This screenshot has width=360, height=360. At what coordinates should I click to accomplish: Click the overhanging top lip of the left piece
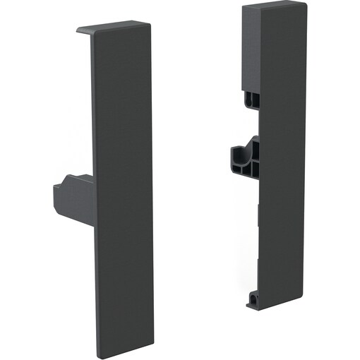(113, 28)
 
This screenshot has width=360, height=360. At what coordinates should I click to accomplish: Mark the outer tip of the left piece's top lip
(77, 31)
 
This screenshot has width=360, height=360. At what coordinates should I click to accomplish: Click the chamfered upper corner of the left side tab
(66, 181)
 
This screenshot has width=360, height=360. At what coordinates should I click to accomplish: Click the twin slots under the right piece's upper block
(252, 100)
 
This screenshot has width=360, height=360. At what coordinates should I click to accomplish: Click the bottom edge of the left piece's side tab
(74, 217)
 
